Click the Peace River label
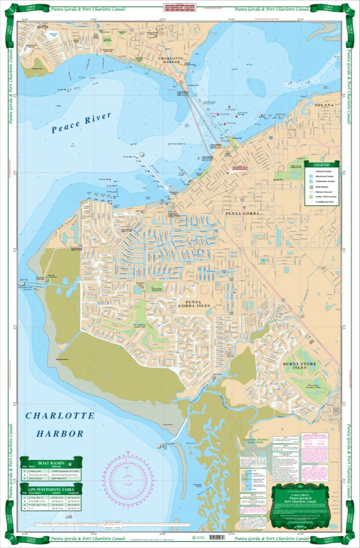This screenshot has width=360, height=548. coord(81,123)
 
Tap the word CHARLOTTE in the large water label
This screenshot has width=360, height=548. coord(60,416)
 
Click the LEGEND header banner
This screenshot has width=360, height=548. coord(322,164)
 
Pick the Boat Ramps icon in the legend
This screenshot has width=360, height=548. coord(310,186)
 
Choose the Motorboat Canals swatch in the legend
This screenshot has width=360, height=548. coord(310,176)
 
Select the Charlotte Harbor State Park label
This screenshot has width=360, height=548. coord(259,443)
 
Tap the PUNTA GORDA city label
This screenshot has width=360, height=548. coord(243,214)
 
